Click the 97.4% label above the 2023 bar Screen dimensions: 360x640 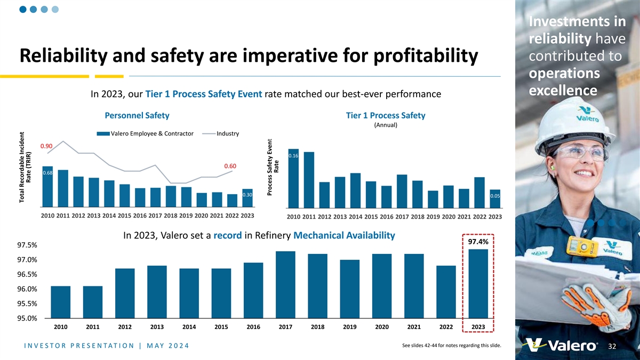(478, 242)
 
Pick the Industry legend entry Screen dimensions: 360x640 (228, 133)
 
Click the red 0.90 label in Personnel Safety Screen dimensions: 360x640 (46, 146)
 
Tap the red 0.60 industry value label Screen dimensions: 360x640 (230, 166)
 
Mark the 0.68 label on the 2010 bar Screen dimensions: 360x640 (47, 173)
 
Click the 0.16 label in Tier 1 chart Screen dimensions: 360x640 (293, 156)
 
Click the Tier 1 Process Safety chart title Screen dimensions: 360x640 (386, 116)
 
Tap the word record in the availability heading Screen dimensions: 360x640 (228, 236)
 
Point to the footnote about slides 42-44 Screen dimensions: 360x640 (451, 345)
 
